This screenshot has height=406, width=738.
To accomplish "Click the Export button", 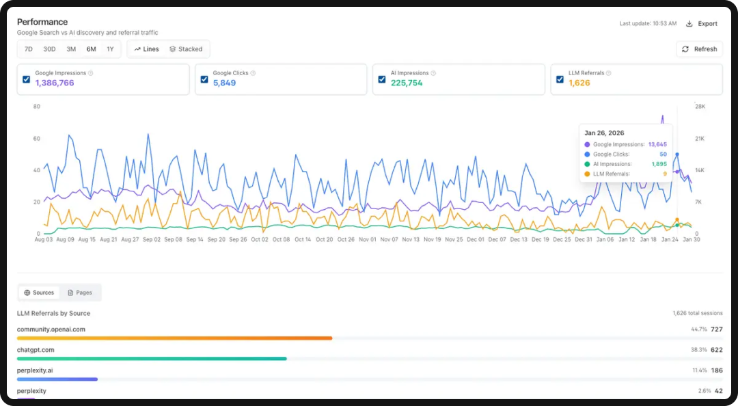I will [702, 24].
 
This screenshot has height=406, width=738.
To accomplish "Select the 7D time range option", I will [29, 49].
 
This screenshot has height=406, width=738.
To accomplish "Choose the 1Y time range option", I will [110, 49].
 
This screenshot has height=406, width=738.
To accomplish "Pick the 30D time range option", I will [49, 49].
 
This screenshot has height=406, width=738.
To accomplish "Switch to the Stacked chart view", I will [186, 49].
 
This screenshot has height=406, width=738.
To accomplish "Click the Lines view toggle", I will [147, 49].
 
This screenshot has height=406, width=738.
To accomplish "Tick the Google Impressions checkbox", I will [26, 79].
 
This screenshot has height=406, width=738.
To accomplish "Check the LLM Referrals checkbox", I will [560, 79].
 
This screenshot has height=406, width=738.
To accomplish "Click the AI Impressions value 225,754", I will [407, 83].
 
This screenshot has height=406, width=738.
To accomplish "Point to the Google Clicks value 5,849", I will [224, 83].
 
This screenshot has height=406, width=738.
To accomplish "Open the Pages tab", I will [80, 293].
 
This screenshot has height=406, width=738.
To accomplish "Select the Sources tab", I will [39, 293].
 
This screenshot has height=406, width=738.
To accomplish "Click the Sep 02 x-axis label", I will [152, 240].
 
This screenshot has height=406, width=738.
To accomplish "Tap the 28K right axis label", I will [700, 107].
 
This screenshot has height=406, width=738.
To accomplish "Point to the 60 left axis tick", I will [36, 139].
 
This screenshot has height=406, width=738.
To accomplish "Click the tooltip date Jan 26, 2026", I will [604, 133].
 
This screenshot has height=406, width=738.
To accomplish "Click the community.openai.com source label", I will [51, 329].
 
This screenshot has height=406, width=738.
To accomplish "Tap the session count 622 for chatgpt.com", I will [716, 350].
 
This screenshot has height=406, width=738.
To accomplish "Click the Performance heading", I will [42, 22].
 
